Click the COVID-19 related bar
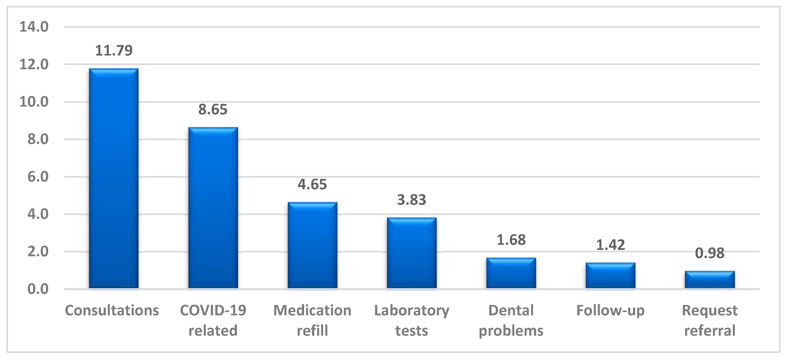click(x=213, y=208)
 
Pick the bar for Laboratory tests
click(x=412, y=253)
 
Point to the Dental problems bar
click(x=511, y=273)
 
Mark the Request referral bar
click(x=709, y=280)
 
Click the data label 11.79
click(x=114, y=50)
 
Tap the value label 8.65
click(x=213, y=109)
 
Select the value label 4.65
click(x=312, y=184)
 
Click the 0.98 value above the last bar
click(x=709, y=253)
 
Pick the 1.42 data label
click(x=610, y=245)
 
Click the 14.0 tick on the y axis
click(x=34, y=27)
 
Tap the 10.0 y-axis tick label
click(x=34, y=102)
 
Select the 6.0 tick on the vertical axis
click(x=38, y=177)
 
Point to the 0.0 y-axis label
click(x=38, y=289)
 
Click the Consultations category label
click(x=112, y=310)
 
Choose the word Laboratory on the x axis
click(x=412, y=310)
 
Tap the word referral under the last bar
click(x=709, y=331)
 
